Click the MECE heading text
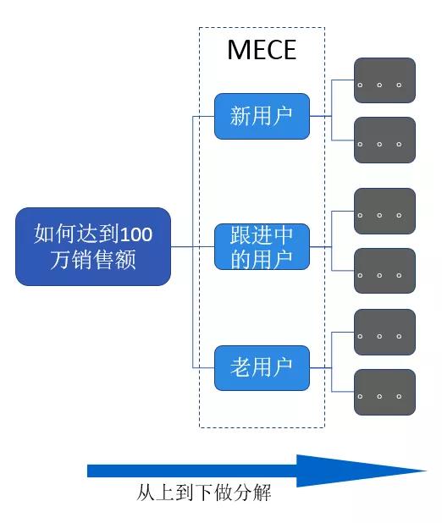262,50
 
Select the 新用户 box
262,116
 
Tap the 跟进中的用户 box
262,247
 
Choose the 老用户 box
262,368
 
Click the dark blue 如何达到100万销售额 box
93,246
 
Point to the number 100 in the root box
135,234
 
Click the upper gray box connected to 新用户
384,80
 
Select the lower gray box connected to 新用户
384,140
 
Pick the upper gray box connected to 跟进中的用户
384,211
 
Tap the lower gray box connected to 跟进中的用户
384,271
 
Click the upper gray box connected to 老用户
384,333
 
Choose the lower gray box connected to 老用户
384,393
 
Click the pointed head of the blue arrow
426,471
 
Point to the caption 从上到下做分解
203,493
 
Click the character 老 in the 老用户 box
240,367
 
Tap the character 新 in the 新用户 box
240,116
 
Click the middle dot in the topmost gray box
379,85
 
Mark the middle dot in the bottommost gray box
379,397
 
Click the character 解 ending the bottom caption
262,493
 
